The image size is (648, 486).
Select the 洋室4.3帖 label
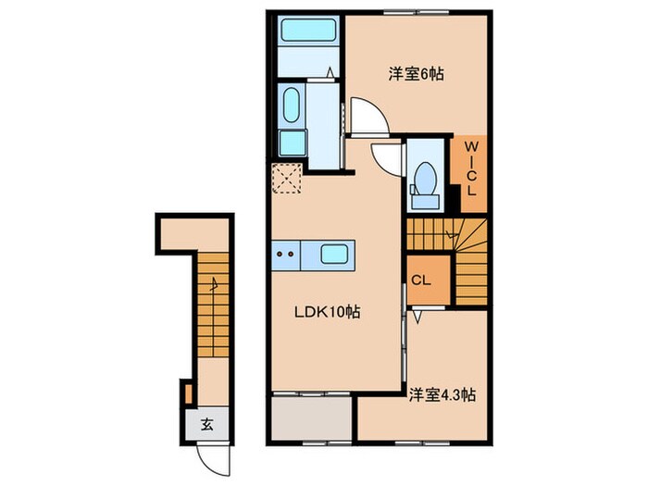[442, 395]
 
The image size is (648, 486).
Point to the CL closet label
[420, 279]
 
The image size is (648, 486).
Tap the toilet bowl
[426, 177]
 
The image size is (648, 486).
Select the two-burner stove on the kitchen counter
[286, 252]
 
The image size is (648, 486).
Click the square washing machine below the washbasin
[292, 143]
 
